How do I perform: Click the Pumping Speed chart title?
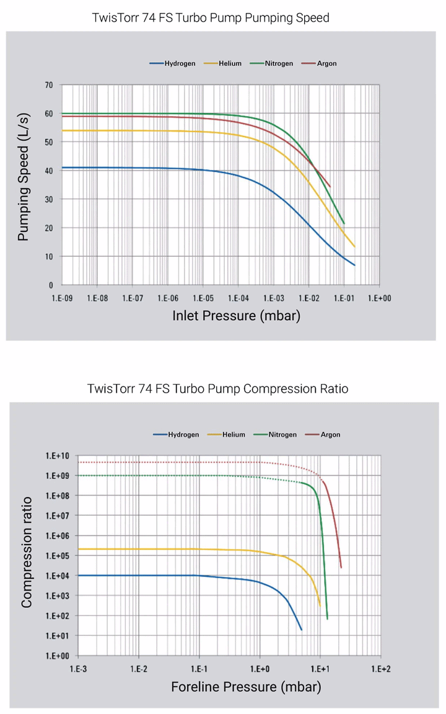coord(211,18)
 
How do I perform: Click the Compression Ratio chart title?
coord(217,389)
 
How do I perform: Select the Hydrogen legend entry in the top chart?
coord(173,64)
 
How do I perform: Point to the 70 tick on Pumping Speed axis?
coord(48,85)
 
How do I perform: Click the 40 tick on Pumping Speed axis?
coord(48,171)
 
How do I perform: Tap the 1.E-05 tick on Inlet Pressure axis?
coord(203,298)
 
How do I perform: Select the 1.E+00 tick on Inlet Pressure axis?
coord(379,298)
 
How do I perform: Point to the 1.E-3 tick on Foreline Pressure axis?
coord(78,669)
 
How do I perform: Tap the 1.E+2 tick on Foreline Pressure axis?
coord(380,669)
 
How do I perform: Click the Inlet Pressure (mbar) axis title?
coord(236,316)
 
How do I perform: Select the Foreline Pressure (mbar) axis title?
coord(246,687)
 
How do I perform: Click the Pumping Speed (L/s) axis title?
coord(23,184)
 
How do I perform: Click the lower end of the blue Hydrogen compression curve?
coord(301,630)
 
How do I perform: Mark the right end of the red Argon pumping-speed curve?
coord(330,186)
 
